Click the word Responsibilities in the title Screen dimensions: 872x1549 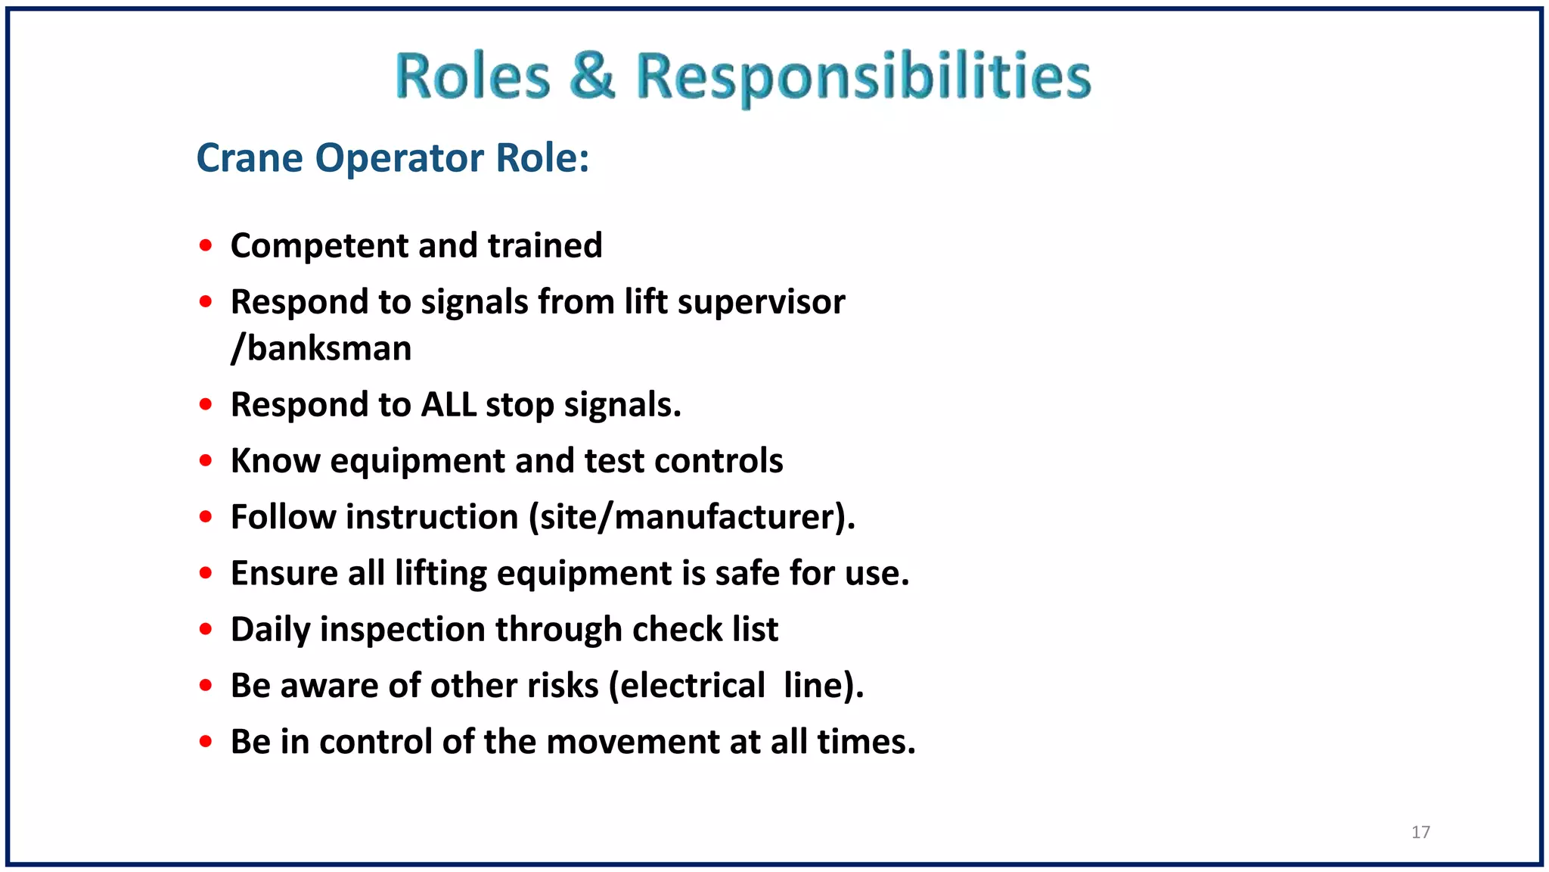(863, 78)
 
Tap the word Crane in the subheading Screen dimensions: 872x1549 (250, 158)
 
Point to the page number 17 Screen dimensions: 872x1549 (1420, 832)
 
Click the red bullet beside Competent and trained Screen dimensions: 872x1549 (206, 245)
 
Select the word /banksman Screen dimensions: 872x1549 (321, 349)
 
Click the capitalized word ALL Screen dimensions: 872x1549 (449, 405)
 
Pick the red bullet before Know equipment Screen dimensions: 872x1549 (206, 460)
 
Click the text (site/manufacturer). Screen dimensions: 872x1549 (692, 518)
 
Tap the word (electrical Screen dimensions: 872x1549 (688, 686)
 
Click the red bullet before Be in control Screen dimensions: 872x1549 (206, 742)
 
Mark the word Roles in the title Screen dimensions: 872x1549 (473, 76)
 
